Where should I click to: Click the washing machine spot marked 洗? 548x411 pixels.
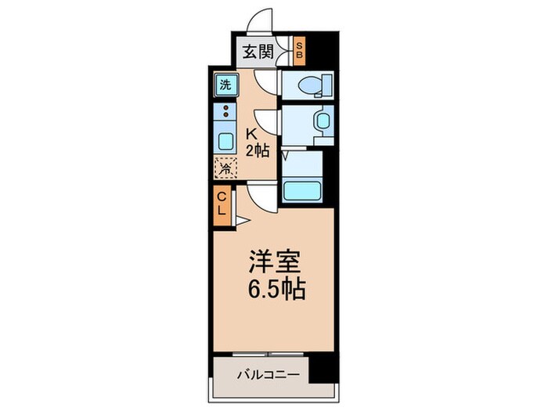click(225, 85)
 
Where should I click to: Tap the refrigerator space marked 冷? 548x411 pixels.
click(225, 167)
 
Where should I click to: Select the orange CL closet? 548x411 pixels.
click(222, 204)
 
